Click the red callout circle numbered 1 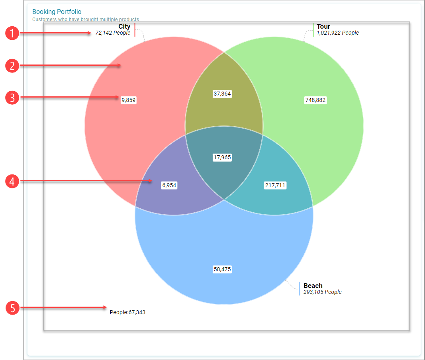pyautogui.click(x=12, y=33)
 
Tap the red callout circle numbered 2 pyautogui.click(x=12, y=66)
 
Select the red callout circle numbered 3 pyautogui.click(x=12, y=98)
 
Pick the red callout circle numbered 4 pyautogui.click(x=12, y=181)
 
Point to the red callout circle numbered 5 pyautogui.click(x=12, y=308)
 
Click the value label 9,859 pyautogui.click(x=129, y=100)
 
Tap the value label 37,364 pyautogui.click(x=222, y=94)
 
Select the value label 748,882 pyautogui.click(x=315, y=100)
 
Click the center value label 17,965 pyautogui.click(x=222, y=158)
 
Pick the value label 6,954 pyautogui.click(x=169, y=186)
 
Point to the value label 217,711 pyautogui.click(x=275, y=186)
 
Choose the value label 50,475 pyautogui.click(x=222, y=270)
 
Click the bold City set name pyautogui.click(x=124, y=26)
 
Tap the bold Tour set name pyautogui.click(x=323, y=26)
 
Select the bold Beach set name pyautogui.click(x=313, y=286)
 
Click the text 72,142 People pyautogui.click(x=113, y=33)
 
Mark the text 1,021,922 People pyautogui.click(x=338, y=33)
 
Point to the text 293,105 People pyautogui.click(x=323, y=292)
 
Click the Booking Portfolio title pyautogui.click(x=57, y=12)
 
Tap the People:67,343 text pyautogui.click(x=127, y=312)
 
